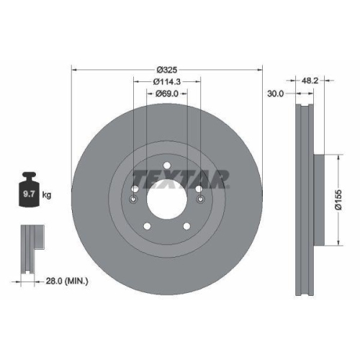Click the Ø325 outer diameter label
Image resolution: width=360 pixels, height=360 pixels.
[167, 70]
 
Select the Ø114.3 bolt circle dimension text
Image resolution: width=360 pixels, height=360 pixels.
[167, 81]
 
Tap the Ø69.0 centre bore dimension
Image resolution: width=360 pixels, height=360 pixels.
[167, 93]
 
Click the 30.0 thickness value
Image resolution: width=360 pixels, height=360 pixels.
[275, 93]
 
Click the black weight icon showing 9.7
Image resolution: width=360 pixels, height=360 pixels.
[30, 191]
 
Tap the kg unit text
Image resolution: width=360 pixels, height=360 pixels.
[48, 195]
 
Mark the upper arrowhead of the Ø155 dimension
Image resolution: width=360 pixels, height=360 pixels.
[338, 156]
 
